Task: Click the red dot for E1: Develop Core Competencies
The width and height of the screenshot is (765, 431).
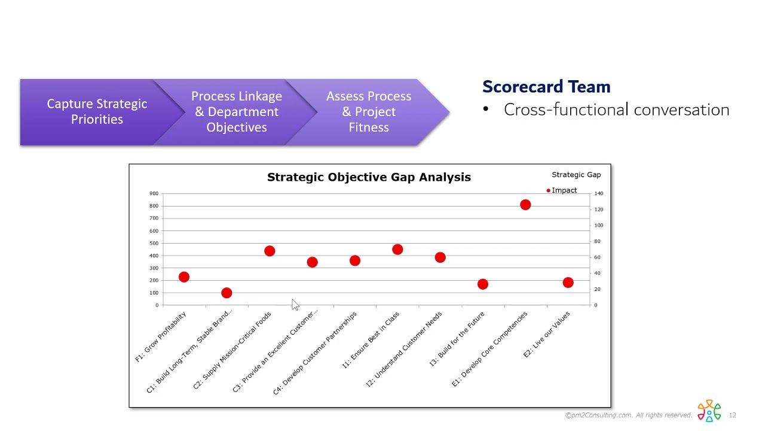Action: click(x=525, y=205)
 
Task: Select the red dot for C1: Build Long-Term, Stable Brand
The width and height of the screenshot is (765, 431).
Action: click(x=227, y=293)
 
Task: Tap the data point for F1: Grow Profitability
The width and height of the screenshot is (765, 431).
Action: click(x=184, y=277)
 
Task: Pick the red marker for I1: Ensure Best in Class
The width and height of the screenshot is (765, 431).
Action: click(x=397, y=250)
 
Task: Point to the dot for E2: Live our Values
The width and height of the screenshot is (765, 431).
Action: click(x=568, y=283)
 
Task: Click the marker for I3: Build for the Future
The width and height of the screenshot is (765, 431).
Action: click(x=483, y=284)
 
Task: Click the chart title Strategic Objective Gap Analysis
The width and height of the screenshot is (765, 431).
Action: click(x=369, y=177)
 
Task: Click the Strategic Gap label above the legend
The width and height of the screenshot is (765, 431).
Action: click(x=576, y=175)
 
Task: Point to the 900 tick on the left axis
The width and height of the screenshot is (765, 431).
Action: click(x=154, y=193)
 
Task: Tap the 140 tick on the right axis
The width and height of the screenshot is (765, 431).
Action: click(x=598, y=194)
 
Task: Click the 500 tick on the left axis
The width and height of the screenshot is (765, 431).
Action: click(x=154, y=243)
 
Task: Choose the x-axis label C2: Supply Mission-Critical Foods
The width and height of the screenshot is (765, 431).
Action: click(x=233, y=350)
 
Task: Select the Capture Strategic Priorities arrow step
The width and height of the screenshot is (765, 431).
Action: click(x=97, y=112)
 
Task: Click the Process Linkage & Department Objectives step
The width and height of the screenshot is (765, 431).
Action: click(x=237, y=112)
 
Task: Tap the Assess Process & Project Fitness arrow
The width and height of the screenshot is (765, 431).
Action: click(x=369, y=112)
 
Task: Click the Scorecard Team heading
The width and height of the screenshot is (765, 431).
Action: click(x=546, y=87)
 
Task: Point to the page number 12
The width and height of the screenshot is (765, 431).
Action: click(x=732, y=415)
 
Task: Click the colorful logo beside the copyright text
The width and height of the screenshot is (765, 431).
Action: click(x=709, y=411)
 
